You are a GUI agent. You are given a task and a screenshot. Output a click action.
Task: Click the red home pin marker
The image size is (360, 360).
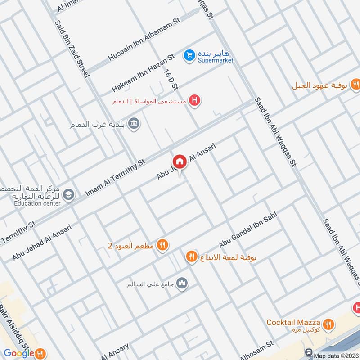(179, 161)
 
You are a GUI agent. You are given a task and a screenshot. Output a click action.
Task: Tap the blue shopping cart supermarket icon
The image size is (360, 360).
(189, 54)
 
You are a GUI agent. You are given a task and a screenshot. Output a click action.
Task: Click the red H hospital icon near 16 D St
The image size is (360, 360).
(194, 100)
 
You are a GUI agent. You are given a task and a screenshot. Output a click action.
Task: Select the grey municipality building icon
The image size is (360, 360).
(134, 123)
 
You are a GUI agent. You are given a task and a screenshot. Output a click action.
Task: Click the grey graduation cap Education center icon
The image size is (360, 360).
(68, 194)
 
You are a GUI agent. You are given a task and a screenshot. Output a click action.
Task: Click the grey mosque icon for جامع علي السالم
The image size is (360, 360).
(182, 283)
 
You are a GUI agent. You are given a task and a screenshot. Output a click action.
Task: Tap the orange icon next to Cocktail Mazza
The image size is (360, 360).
(328, 323)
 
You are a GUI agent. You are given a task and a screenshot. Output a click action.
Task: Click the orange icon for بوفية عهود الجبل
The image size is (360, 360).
(355, 84)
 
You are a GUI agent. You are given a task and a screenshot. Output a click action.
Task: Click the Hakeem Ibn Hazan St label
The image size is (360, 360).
(143, 73)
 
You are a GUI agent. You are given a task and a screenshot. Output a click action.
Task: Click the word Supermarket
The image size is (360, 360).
(216, 61)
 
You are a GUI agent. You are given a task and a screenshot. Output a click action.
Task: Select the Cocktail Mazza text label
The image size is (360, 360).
(293, 323)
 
